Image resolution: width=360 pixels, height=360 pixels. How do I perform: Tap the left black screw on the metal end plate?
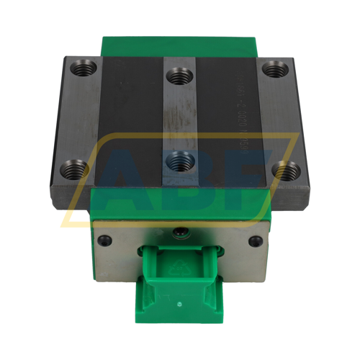click(x=105, y=242)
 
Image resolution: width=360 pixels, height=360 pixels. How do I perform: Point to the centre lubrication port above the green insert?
click(x=179, y=233)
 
